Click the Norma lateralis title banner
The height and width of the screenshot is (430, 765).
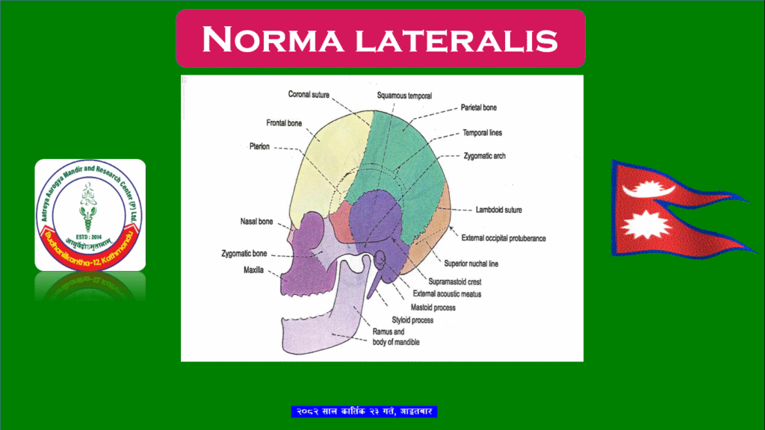(x=380, y=38)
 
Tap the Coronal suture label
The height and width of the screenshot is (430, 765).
(x=309, y=95)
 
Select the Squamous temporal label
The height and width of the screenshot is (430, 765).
(x=404, y=96)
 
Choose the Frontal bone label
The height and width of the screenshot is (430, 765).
(x=284, y=122)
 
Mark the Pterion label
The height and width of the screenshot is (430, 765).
(x=260, y=147)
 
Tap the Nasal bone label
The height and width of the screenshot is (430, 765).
(x=256, y=222)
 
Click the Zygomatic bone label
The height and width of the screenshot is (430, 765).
(x=244, y=254)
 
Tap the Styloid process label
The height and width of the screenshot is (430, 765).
(x=412, y=320)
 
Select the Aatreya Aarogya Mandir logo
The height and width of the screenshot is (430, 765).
(x=90, y=215)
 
